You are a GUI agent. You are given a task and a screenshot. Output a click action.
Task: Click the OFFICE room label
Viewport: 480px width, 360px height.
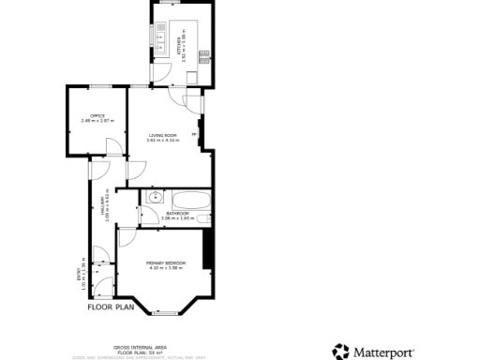coord(91,115)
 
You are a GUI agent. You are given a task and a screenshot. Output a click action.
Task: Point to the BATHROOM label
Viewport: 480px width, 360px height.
coord(177,214)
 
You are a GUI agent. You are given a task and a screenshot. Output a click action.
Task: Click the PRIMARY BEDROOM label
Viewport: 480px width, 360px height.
coord(165,263)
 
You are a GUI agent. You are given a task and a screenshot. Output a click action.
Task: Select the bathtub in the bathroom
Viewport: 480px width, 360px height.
coord(191,199)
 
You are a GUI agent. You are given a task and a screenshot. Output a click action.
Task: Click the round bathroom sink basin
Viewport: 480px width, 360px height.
coord(154,199)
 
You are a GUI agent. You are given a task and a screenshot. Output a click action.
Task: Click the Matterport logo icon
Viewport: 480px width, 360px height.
coord(340,352)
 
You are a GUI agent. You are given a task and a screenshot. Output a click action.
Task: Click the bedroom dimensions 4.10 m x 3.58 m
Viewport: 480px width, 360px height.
coord(165,268)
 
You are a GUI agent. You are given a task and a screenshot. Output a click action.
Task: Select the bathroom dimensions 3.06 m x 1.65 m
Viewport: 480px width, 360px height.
coord(177,218)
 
